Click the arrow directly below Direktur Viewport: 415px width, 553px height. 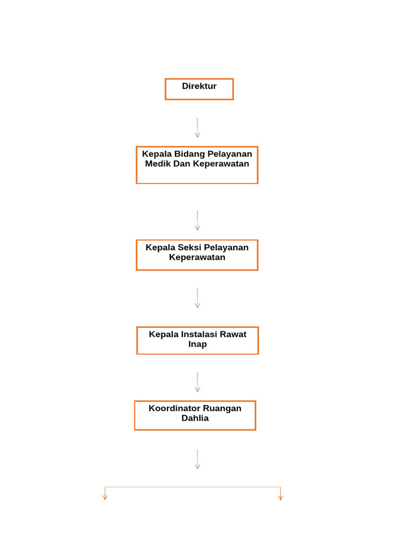(x=197, y=127)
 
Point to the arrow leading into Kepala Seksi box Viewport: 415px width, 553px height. (x=197, y=220)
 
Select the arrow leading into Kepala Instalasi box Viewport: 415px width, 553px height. (x=197, y=298)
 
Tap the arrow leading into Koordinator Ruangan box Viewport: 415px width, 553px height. (x=197, y=382)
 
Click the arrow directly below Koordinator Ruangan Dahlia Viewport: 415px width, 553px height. (x=197, y=459)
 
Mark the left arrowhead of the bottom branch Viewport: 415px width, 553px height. (x=105, y=497)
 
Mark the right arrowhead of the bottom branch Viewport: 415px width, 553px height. (x=280, y=497)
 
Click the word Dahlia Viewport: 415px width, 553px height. (x=195, y=418)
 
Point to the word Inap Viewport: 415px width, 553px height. (x=197, y=344)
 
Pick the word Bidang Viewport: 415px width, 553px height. (x=189, y=154)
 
